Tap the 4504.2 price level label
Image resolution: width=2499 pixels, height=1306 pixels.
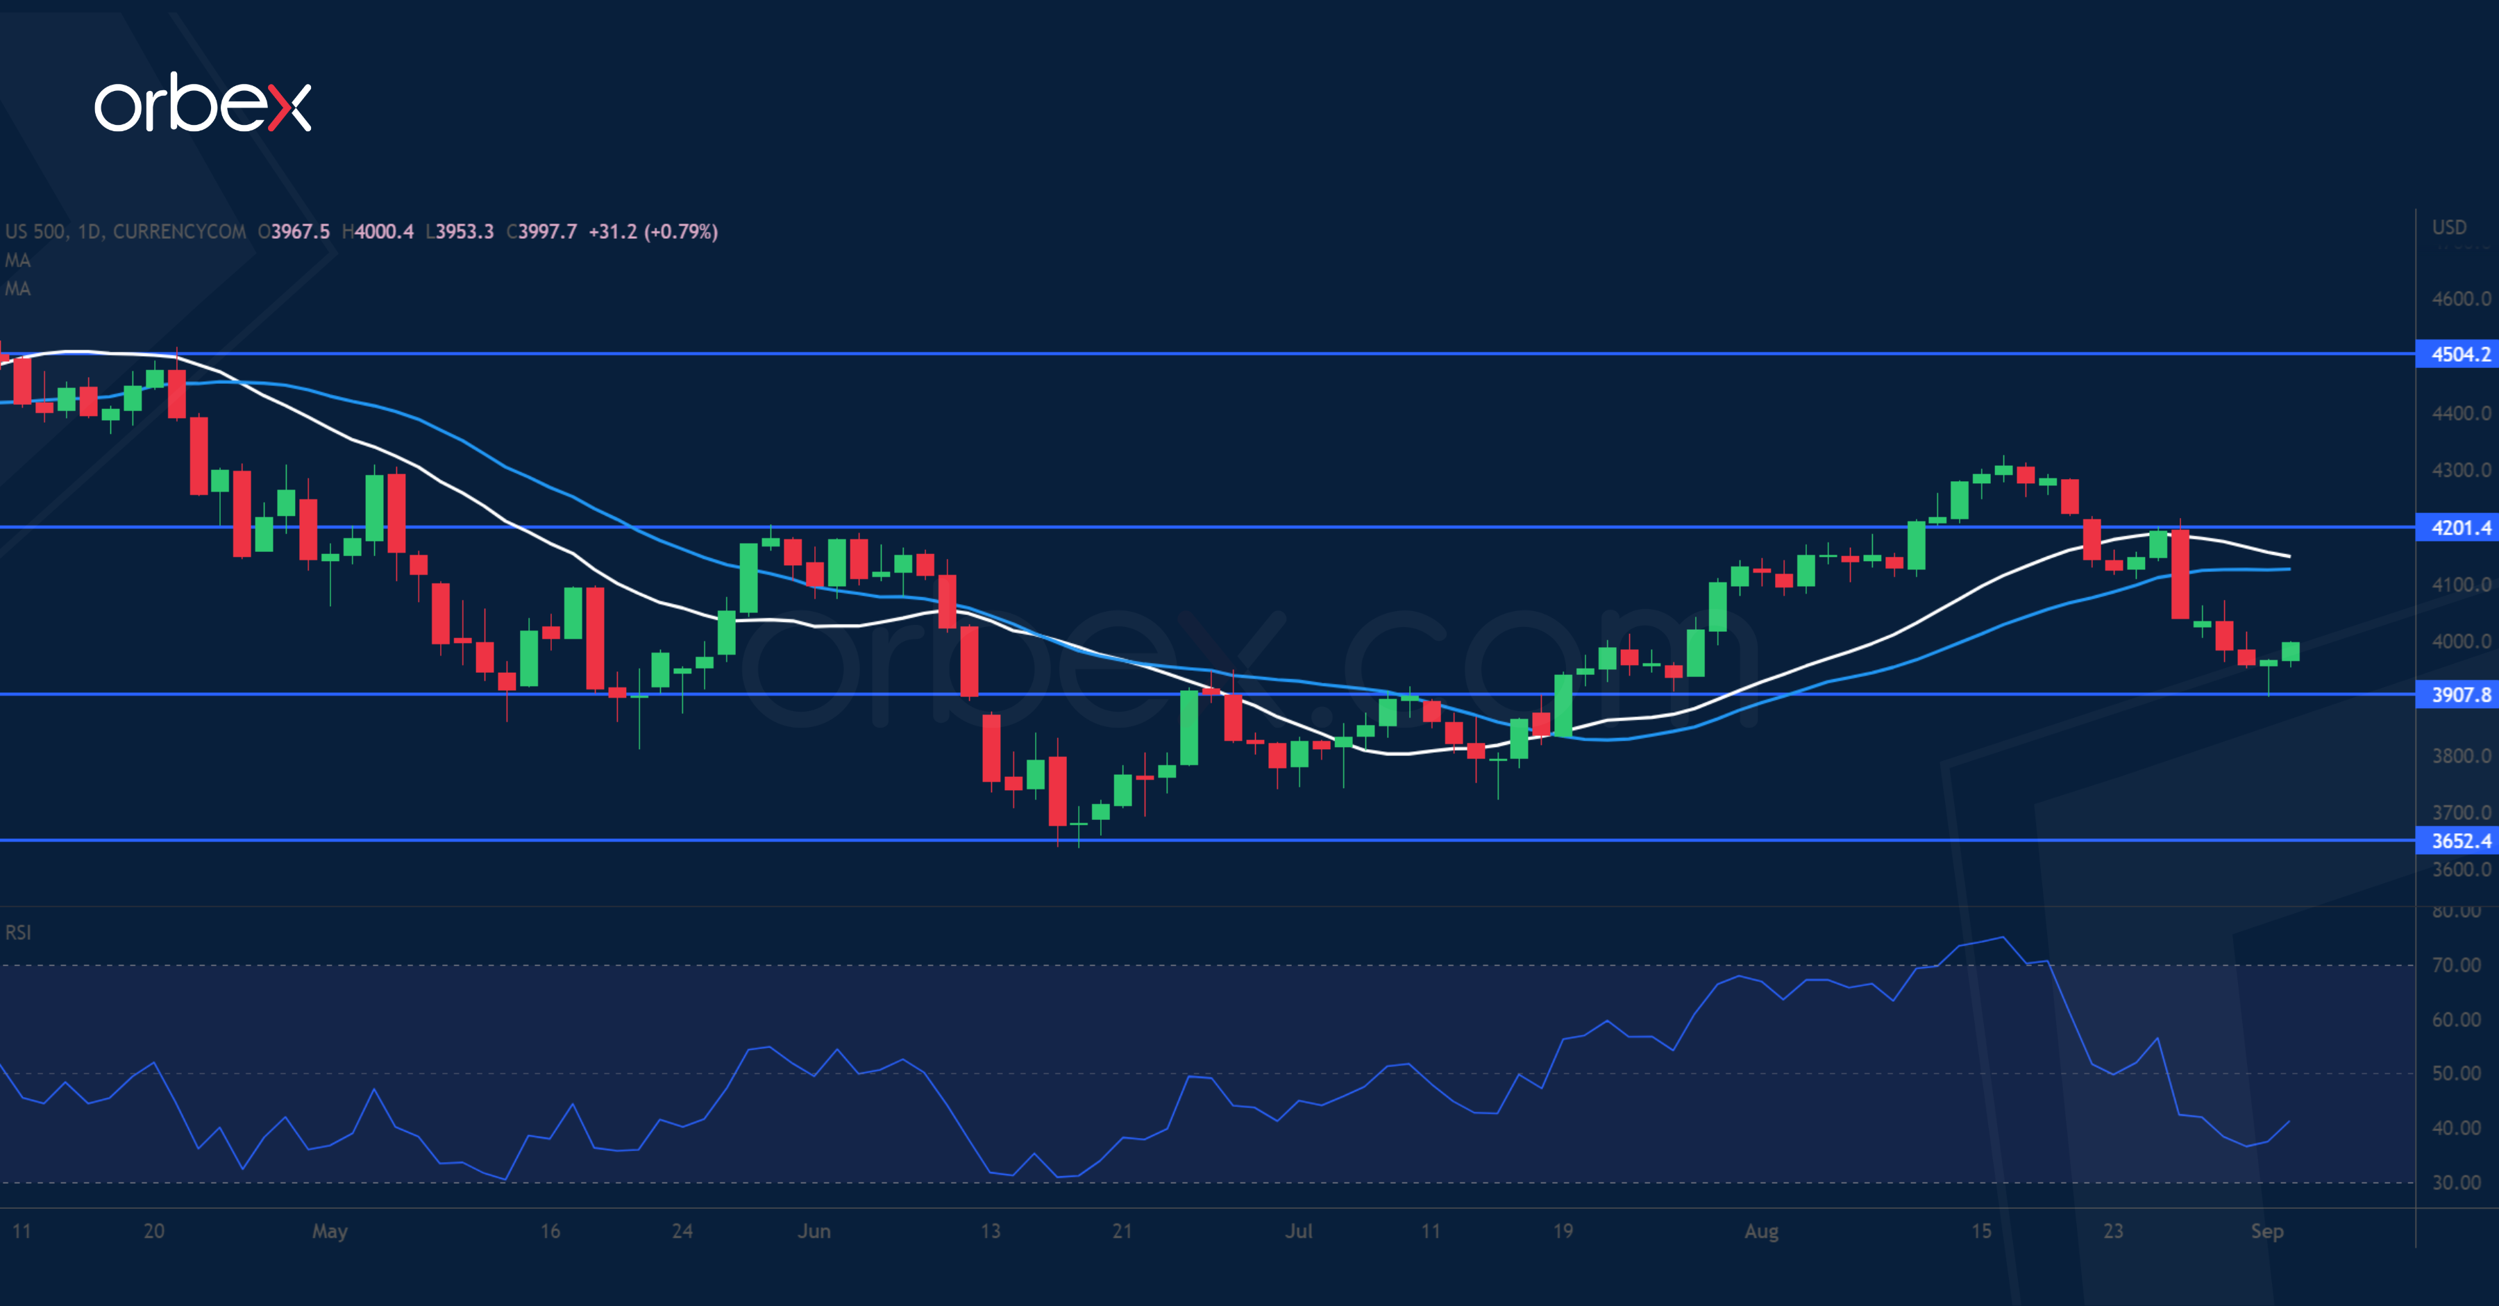click(2459, 354)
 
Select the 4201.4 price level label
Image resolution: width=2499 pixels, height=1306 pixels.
click(2459, 528)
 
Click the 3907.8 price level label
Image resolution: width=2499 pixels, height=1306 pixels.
click(2459, 695)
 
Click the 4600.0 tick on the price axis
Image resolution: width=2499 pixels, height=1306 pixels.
click(2460, 299)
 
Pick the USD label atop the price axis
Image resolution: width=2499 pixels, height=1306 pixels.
click(2448, 227)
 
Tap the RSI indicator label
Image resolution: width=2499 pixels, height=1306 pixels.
click(19, 932)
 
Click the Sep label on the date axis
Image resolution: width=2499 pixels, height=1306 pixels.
click(2266, 1230)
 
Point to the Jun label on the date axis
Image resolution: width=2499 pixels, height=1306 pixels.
click(814, 1230)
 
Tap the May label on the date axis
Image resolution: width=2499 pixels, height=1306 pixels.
click(330, 1230)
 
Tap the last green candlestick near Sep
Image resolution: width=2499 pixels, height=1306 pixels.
click(2291, 651)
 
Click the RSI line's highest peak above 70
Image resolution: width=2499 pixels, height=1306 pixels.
click(2002, 937)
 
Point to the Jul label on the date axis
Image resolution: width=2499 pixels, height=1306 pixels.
click(1298, 1230)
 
